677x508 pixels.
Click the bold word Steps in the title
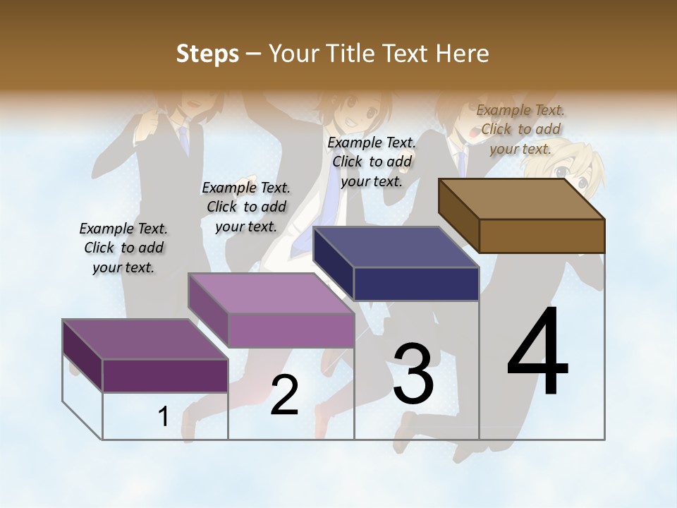(x=207, y=54)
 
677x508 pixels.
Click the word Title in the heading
(x=350, y=54)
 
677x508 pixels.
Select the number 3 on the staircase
(x=413, y=374)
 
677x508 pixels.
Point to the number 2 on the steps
(x=285, y=395)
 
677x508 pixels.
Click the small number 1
(x=164, y=417)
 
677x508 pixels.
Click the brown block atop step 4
(x=522, y=215)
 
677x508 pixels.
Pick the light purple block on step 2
(x=272, y=310)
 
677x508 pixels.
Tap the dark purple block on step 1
(x=146, y=356)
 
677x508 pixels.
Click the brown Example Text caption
(x=520, y=129)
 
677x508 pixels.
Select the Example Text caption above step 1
(x=123, y=248)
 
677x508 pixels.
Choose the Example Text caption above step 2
(x=246, y=207)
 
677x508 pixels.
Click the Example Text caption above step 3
(x=372, y=162)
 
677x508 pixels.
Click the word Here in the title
(x=463, y=54)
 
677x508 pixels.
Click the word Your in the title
(x=294, y=54)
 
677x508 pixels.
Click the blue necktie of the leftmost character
(x=185, y=140)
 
